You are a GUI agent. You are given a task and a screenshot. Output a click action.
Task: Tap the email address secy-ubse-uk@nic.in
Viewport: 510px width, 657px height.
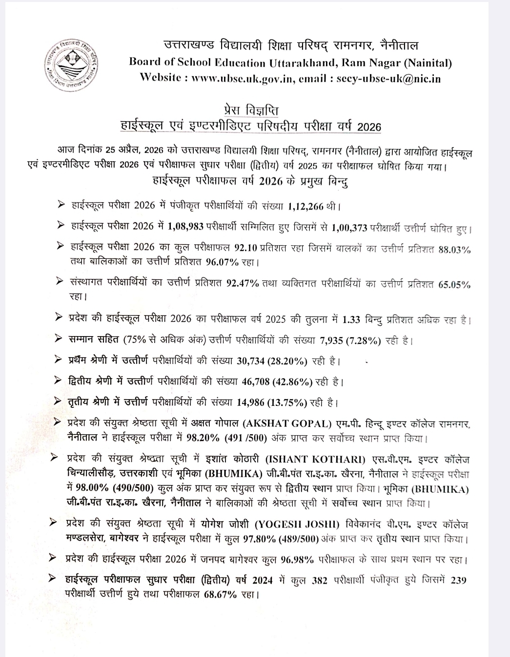point(389,79)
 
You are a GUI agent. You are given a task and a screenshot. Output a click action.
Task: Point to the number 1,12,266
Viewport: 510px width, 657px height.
point(306,206)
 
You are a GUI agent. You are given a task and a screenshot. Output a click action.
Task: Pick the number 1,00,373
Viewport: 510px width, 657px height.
point(349,227)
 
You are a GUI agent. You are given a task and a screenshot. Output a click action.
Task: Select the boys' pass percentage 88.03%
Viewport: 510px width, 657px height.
point(454,250)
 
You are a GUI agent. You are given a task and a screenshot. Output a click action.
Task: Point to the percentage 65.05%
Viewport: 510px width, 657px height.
point(454,284)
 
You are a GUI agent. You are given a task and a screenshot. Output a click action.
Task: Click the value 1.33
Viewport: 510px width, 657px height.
point(351,320)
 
